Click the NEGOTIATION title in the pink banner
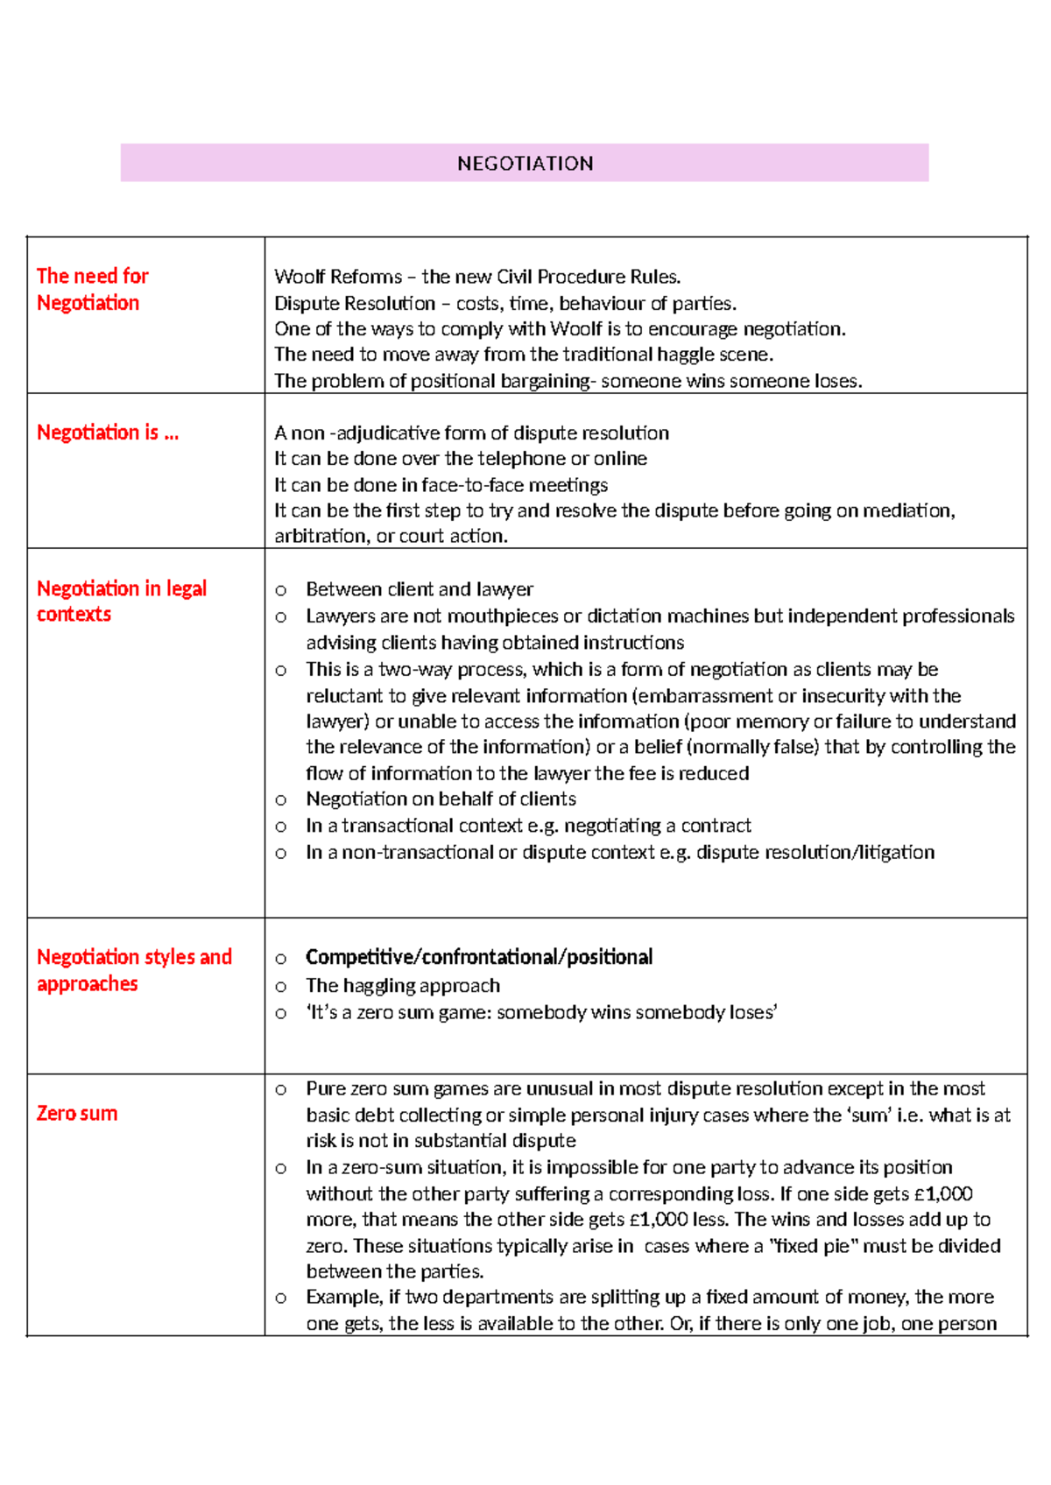pos(525,164)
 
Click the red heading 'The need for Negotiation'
pos(92,289)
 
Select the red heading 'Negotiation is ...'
pos(107,433)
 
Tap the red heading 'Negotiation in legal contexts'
pos(121,601)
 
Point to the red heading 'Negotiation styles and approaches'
pos(133,969)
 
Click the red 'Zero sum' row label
pos(77,1113)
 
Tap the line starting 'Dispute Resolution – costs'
pos(504,303)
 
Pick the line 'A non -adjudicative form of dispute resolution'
pos(471,433)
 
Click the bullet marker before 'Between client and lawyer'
pos(280,590)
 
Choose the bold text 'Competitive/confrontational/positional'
pos(478,957)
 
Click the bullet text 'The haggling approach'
pos(403,986)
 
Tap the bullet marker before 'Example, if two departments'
pos(280,1298)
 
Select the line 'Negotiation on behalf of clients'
pos(441,799)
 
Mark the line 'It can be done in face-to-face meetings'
pos(441,484)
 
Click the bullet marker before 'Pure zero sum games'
pos(280,1089)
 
